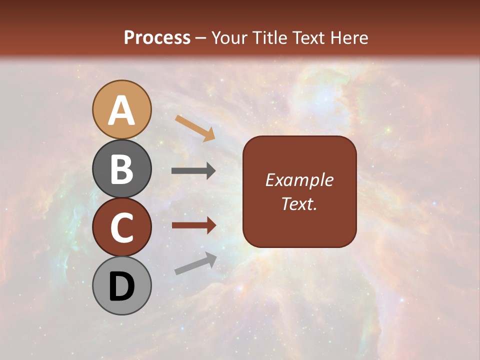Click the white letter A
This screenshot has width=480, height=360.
(122, 110)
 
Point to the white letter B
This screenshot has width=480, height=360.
(122, 169)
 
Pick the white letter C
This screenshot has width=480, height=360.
(122, 228)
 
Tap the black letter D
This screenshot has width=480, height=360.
(122, 287)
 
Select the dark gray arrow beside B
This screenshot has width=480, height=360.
(193, 171)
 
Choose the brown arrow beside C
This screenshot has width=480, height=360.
(193, 225)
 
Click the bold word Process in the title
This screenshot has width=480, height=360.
(157, 38)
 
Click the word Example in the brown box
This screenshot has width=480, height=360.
(299, 180)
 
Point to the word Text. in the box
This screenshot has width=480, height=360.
(299, 204)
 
